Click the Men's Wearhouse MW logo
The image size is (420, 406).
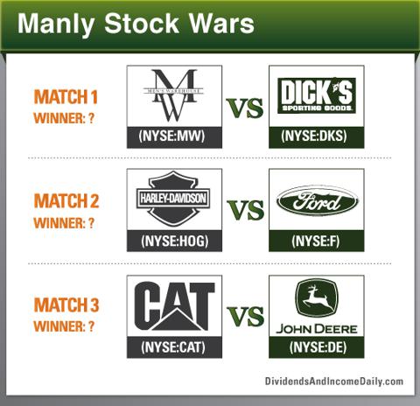pyautogui.click(x=174, y=95)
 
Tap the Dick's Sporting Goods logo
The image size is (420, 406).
pyautogui.click(x=317, y=95)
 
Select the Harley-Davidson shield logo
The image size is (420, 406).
pyautogui.click(x=173, y=199)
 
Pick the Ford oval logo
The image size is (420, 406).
pyautogui.click(x=317, y=200)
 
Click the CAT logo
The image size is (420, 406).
pyautogui.click(x=174, y=306)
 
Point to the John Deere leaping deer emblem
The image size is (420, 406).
pyautogui.click(x=317, y=297)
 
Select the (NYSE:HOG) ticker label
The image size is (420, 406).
pyautogui.click(x=175, y=241)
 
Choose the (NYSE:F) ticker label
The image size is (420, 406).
pyautogui.click(x=316, y=241)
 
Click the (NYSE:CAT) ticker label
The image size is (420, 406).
pyautogui.click(x=173, y=347)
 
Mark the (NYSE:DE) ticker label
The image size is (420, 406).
pyautogui.click(x=318, y=347)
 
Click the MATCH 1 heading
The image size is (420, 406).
pyautogui.click(x=66, y=97)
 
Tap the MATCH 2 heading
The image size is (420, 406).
pyautogui.click(x=66, y=201)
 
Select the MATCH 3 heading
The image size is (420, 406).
pyautogui.click(x=66, y=304)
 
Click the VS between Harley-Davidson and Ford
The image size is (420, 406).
pyautogui.click(x=246, y=210)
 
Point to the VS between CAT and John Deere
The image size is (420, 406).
pyautogui.click(x=246, y=316)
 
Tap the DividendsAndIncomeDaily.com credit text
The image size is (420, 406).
pyautogui.click(x=334, y=381)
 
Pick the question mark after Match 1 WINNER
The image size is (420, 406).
pyautogui.click(x=91, y=118)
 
